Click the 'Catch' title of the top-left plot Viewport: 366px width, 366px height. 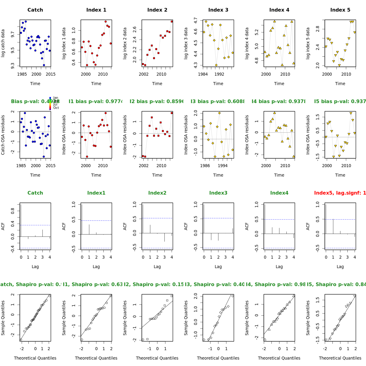[x=35, y=10]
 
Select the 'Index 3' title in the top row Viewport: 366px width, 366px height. [x=218, y=10]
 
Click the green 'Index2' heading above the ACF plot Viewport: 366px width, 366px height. [x=157, y=193]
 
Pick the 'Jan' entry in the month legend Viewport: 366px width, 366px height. [x=56, y=98]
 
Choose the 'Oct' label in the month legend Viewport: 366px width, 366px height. [x=56, y=108]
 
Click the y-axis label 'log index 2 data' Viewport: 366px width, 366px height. [x=125, y=43]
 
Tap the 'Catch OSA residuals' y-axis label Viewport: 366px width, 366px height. [x=3, y=135]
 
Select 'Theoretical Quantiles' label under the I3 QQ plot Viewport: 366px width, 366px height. [x=218, y=358]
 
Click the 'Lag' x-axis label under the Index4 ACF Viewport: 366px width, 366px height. [x=279, y=267]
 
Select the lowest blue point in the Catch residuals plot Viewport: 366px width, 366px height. [x=44, y=156]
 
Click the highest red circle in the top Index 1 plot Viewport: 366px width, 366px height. [x=106, y=22]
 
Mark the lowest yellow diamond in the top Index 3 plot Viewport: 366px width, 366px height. [x=216, y=65]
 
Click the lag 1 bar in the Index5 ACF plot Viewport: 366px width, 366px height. [x=333, y=226]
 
